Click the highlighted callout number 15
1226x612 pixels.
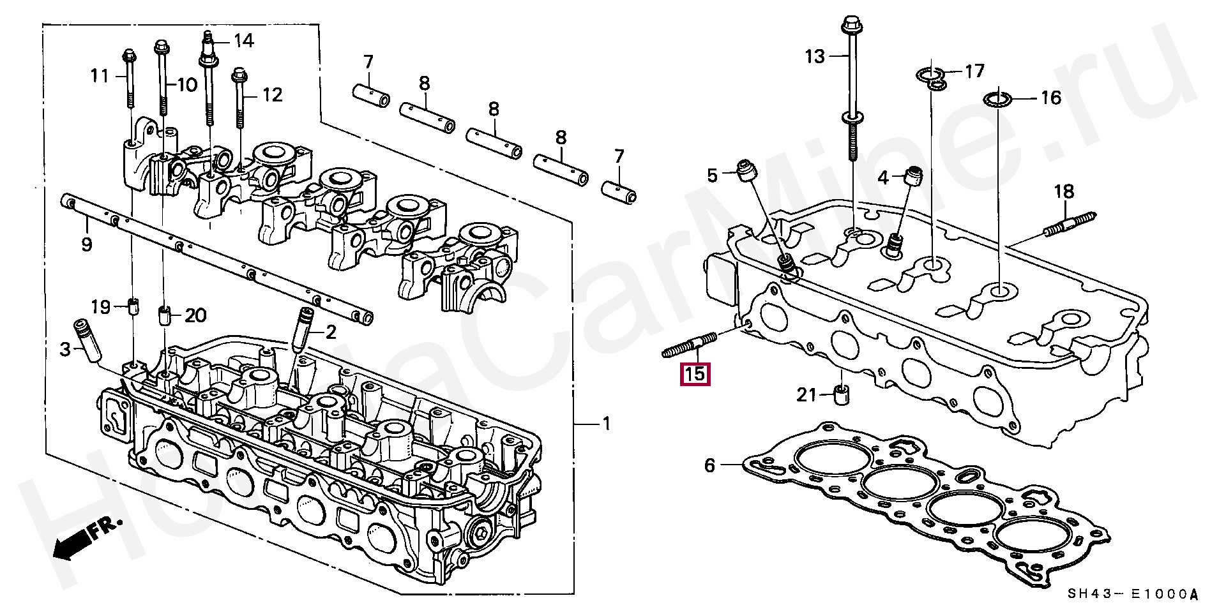click(x=695, y=373)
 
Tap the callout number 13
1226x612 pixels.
click(x=815, y=57)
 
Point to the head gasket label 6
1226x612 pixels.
click(x=709, y=465)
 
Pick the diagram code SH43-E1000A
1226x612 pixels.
click(x=1133, y=594)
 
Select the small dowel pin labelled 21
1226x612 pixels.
click(x=842, y=395)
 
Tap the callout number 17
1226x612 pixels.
click(x=974, y=70)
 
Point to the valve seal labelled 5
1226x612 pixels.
click(x=746, y=172)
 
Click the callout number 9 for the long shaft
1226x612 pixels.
click(x=87, y=244)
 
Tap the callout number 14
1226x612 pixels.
click(x=244, y=41)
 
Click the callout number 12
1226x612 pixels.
click(x=272, y=96)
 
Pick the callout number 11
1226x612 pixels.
click(x=100, y=77)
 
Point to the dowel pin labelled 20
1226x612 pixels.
click(x=164, y=315)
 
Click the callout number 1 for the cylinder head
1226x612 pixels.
click(x=606, y=424)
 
